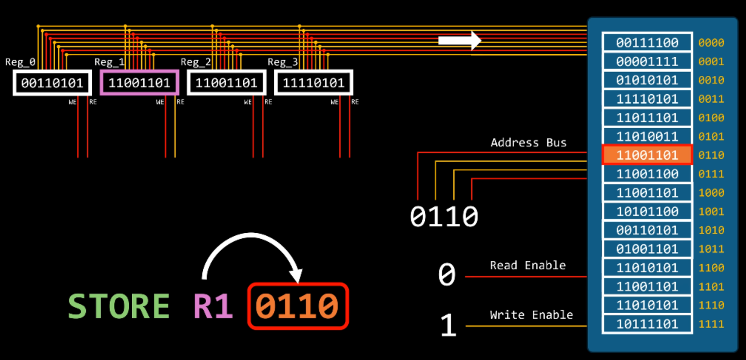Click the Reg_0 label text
(x=20, y=62)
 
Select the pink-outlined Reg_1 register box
(x=140, y=82)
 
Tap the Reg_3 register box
(x=313, y=83)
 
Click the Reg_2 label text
(x=195, y=62)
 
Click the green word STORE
(x=118, y=306)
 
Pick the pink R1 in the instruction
(x=213, y=306)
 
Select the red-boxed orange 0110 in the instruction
(x=298, y=306)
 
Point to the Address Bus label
(x=528, y=143)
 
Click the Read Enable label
(x=527, y=265)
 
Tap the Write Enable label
(x=531, y=315)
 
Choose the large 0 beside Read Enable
(x=447, y=275)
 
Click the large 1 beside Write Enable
(x=448, y=325)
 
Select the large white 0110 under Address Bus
(x=444, y=216)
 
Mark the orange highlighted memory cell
(x=647, y=155)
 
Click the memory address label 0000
(x=711, y=43)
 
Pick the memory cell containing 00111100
(x=647, y=43)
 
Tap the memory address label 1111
(x=711, y=324)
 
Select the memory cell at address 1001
(x=647, y=212)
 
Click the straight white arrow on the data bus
(x=459, y=40)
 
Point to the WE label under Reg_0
(x=73, y=102)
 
